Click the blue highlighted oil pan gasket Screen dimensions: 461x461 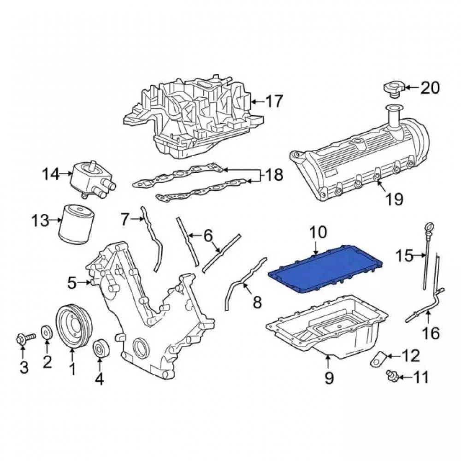pyautogui.click(x=326, y=268)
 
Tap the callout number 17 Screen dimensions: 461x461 pyautogui.click(x=274, y=101)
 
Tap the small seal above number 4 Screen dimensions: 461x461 pyautogui.click(x=101, y=349)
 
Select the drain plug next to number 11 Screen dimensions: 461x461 pyautogui.click(x=392, y=376)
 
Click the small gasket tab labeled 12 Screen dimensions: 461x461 pyautogui.click(x=377, y=359)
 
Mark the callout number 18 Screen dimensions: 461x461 pyautogui.click(x=274, y=175)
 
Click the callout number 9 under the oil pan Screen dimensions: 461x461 pyautogui.click(x=329, y=377)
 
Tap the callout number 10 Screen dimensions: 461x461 pyautogui.click(x=318, y=232)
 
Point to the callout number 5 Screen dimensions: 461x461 pyautogui.click(x=72, y=283)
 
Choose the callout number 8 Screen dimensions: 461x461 pyautogui.click(x=257, y=301)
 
